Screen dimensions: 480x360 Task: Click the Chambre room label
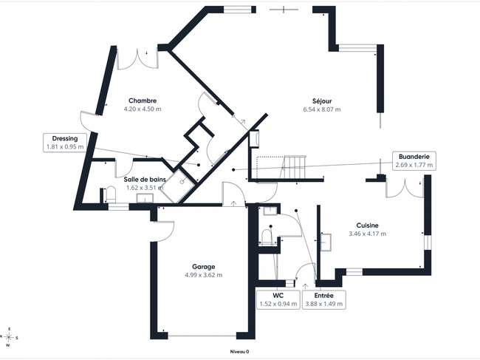tap(143, 101)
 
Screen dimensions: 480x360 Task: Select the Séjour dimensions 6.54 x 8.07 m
tap(322, 109)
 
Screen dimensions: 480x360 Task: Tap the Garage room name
tap(204, 267)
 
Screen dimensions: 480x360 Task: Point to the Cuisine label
tap(367, 225)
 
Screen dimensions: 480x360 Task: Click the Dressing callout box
tap(65, 143)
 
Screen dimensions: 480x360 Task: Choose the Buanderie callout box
tap(414, 161)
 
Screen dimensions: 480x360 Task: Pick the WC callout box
tap(278, 299)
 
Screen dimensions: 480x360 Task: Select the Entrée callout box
tap(324, 299)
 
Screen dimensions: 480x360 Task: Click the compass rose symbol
tap(9, 337)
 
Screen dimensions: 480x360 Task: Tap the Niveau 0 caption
tap(239, 352)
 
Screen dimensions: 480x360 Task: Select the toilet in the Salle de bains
tap(111, 194)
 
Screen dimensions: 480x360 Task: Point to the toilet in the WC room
tap(267, 237)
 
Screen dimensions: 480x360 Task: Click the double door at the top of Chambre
tap(137, 58)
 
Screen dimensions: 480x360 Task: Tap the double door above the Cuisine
tap(405, 188)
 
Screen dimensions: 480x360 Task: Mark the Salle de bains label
tap(145, 180)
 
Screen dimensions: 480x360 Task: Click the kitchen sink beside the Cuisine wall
tap(326, 242)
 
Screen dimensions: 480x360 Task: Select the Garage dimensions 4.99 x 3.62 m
tap(204, 275)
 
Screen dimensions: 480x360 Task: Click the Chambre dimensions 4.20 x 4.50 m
tap(143, 109)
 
